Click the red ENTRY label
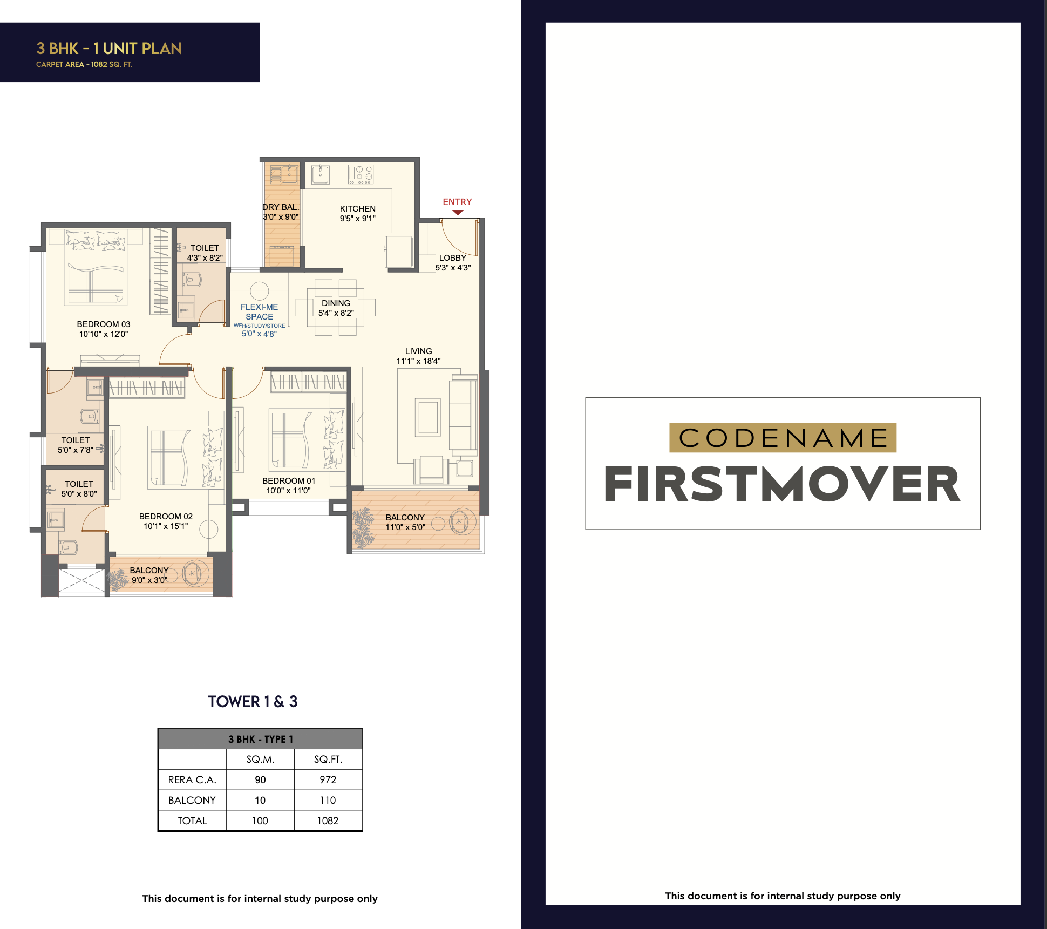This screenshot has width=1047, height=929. click(457, 202)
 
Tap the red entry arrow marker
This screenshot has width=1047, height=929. click(458, 213)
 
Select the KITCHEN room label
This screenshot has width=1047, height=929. click(358, 209)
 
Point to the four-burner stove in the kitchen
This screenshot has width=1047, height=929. click(361, 174)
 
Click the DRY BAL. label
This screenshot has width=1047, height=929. click(281, 207)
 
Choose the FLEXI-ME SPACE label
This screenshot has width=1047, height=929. click(260, 312)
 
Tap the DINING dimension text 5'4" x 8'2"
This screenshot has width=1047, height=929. click(336, 313)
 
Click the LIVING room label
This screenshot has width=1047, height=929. click(419, 351)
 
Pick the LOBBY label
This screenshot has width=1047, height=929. click(453, 258)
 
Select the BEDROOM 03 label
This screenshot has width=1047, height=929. click(104, 324)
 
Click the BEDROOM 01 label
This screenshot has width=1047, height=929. click(289, 481)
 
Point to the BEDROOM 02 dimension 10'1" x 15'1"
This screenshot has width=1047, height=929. click(166, 526)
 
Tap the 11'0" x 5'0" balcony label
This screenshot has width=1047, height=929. click(405, 527)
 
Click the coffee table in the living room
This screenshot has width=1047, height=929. click(428, 417)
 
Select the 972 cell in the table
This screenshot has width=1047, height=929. click(328, 780)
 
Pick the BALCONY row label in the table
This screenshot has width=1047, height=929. click(192, 801)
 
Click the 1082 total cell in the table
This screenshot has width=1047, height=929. click(328, 821)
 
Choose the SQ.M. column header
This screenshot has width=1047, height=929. click(260, 760)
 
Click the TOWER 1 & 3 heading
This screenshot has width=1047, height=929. click(253, 702)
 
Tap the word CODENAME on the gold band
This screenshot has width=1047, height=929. click(783, 438)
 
